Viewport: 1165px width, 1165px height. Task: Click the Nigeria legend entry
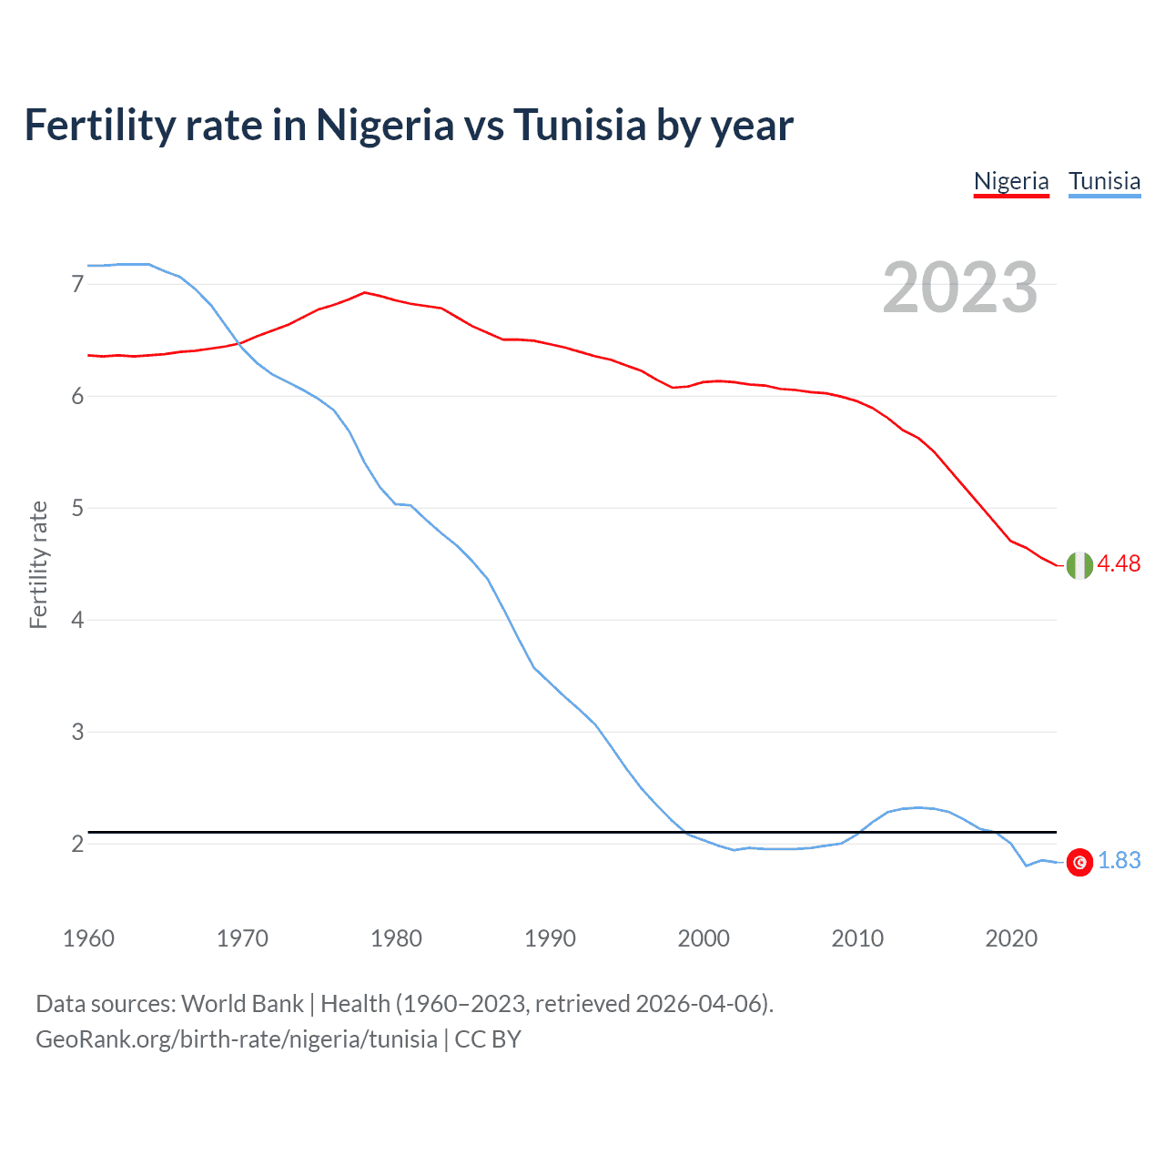1011,181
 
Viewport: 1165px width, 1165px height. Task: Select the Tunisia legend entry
1104,181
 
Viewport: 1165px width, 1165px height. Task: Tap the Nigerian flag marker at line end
1079,565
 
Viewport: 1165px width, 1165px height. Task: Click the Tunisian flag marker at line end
1079,862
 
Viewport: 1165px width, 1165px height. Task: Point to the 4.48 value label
1119,564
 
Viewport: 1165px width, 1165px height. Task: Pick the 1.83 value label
1119,861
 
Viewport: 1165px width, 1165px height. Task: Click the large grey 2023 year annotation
959,288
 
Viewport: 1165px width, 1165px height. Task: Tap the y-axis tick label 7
77,285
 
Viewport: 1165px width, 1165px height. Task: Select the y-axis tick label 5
77,508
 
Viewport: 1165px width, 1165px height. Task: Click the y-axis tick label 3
77,732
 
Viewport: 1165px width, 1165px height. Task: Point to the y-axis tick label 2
77,844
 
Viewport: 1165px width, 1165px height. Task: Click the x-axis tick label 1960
88,938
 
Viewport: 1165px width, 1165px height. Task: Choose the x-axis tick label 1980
396,938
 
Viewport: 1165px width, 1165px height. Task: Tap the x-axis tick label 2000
704,938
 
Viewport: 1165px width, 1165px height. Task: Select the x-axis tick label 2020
1011,938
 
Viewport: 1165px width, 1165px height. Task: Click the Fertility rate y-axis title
38,564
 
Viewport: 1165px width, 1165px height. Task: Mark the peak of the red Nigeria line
365,292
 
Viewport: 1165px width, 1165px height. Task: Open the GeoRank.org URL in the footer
237,1039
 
